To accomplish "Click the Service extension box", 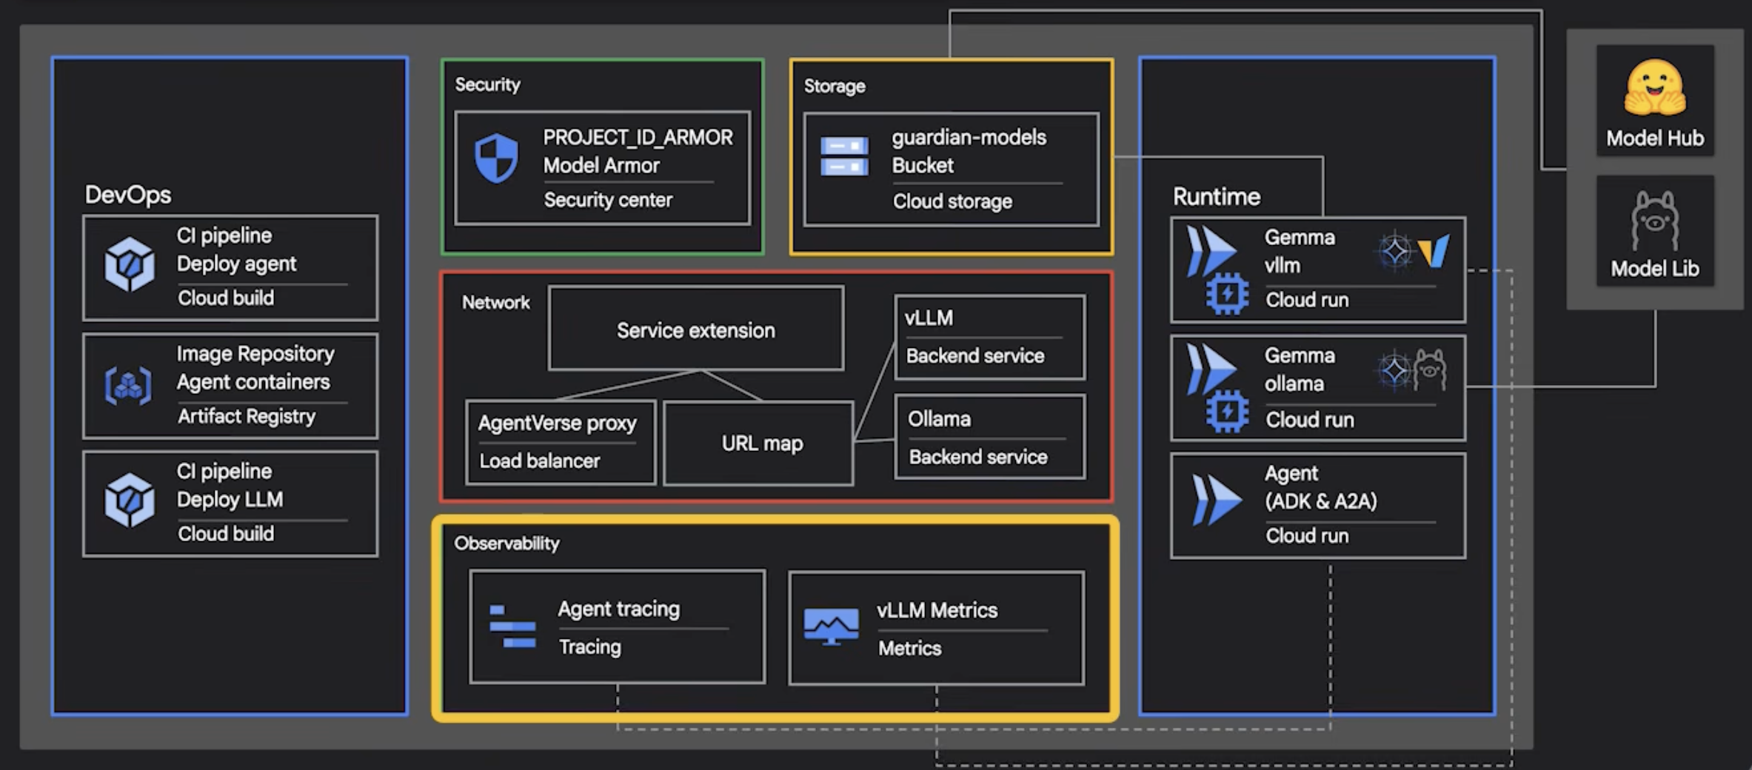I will point(695,329).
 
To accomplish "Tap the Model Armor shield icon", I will point(496,158).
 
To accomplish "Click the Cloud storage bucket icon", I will point(844,156).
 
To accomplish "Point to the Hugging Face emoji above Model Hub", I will point(1654,88).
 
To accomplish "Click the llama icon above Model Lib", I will point(1654,221).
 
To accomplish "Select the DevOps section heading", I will point(128,195).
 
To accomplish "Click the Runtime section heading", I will point(1216,197).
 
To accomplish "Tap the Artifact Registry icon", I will point(128,386).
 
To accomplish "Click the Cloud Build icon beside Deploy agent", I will point(130,264).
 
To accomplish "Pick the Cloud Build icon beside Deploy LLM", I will point(130,500).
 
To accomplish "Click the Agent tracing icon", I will point(512,626).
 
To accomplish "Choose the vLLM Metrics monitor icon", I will point(831,626).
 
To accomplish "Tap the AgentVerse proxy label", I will point(557,423).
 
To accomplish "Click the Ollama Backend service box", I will point(989,438).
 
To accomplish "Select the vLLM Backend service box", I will point(989,337).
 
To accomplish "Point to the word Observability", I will point(506,543).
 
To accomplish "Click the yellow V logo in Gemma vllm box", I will point(1434,252).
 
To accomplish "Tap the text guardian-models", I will point(969,138).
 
